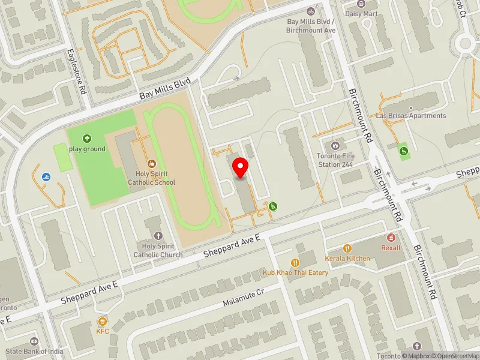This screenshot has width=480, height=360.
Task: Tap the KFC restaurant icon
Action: pos(103,321)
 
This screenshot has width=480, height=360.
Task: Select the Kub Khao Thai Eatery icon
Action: pos(295,262)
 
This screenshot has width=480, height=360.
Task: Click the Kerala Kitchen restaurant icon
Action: pos(347,248)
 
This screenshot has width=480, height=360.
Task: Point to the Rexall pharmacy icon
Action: pos(391,238)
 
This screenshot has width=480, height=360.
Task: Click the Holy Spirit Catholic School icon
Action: pos(151,163)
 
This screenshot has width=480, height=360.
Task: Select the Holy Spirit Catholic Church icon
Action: pos(158,236)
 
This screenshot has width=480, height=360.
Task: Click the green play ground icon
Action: pos(87,139)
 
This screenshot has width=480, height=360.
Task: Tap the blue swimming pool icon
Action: pos(47,177)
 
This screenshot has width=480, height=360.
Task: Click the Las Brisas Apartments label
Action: pos(411,115)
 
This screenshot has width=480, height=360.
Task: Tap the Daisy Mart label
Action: pos(361,13)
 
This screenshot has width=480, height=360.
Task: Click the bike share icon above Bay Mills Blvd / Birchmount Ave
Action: pos(310,11)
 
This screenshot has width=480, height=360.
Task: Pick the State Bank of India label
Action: pos(36,351)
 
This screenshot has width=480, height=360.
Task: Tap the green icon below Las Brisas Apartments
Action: pos(404,150)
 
